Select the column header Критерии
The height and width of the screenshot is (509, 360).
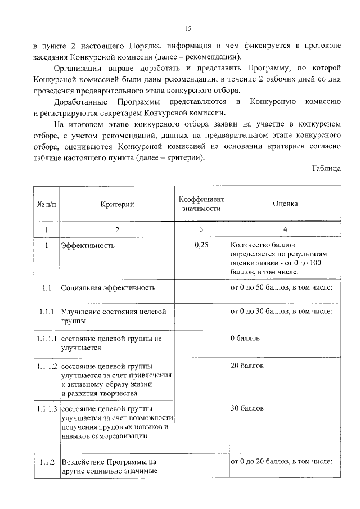117,205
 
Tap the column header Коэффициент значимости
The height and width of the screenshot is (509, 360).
201,205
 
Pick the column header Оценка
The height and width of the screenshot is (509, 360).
285,205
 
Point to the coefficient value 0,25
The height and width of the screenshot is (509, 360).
201,246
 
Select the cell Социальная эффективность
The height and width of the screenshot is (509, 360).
108,288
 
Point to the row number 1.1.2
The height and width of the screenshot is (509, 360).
47,462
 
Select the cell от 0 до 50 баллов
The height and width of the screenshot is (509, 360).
281,288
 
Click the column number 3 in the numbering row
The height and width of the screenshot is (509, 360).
201,229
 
